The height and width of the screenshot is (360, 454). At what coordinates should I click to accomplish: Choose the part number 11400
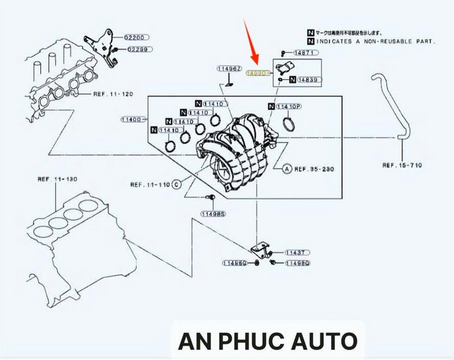[x=132, y=119]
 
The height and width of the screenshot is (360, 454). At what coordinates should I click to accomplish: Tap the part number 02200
[x=137, y=38]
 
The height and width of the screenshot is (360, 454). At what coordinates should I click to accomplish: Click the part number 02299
[x=137, y=49]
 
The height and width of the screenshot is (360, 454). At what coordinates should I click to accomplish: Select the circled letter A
[x=286, y=169]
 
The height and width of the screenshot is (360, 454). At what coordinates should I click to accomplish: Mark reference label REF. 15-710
[x=402, y=165]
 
